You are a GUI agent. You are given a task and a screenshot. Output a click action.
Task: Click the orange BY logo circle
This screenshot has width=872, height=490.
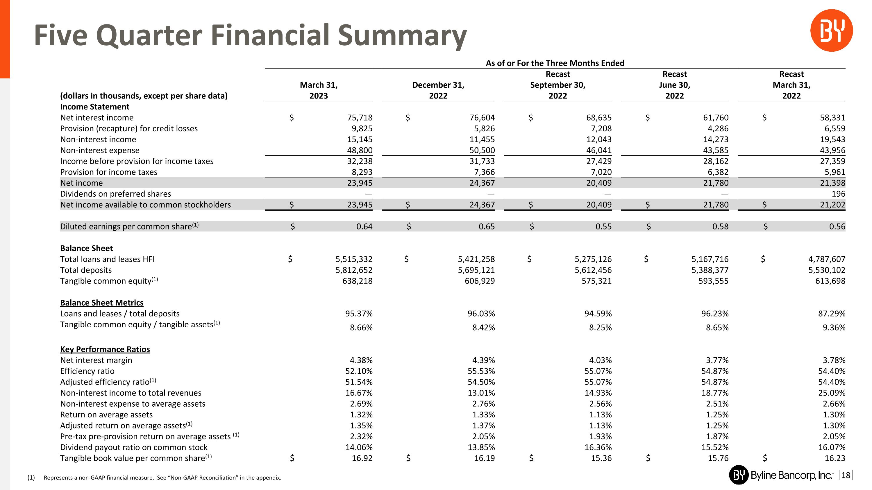click(831, 30)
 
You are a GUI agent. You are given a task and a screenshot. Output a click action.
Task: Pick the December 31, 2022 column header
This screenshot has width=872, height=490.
click(438, 90)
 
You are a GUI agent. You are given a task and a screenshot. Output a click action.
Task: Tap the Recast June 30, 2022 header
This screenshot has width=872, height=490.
click(674, 85)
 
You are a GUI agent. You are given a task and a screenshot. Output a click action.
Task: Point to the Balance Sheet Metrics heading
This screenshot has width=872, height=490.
click(101, 303)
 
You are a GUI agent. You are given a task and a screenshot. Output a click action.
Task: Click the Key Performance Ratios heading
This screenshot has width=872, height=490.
click(105, 349)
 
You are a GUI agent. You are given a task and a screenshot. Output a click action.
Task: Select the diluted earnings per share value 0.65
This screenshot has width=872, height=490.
click(487, 227)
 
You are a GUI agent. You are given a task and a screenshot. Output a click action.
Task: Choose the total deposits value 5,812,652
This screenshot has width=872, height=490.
click(354, 270)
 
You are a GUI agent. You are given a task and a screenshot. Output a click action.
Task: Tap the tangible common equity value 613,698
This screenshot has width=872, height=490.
click(830, 281)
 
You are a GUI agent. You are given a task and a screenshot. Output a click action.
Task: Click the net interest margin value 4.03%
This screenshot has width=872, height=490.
click(600, 360)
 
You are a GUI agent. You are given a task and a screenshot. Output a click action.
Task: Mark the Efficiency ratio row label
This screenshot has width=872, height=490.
click(87, 371)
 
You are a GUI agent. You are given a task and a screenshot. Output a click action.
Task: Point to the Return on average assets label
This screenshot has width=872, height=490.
click(106, 414)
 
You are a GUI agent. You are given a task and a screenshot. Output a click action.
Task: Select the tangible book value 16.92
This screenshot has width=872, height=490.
click(362, 458)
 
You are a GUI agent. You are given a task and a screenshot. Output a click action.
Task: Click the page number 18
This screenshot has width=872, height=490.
click(845, 475)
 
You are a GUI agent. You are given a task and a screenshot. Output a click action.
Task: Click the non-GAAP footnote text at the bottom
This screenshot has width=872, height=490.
click(162, 478)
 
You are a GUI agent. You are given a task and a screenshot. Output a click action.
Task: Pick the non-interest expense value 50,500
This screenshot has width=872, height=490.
click(482, 150)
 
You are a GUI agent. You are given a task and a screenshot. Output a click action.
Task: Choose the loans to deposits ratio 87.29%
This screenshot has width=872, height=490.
click(831, 314)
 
